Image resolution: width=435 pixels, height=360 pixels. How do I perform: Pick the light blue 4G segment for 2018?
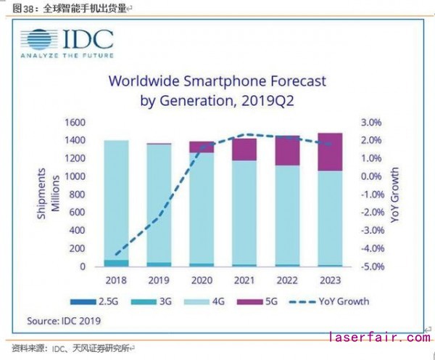click(x=117, y=200)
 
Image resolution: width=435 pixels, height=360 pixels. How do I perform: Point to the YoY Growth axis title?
click(x=396, y=194)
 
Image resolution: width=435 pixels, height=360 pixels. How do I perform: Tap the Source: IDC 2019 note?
click(x=65, y=320)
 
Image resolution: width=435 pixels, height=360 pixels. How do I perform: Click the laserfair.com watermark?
click(x=379, y=338)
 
